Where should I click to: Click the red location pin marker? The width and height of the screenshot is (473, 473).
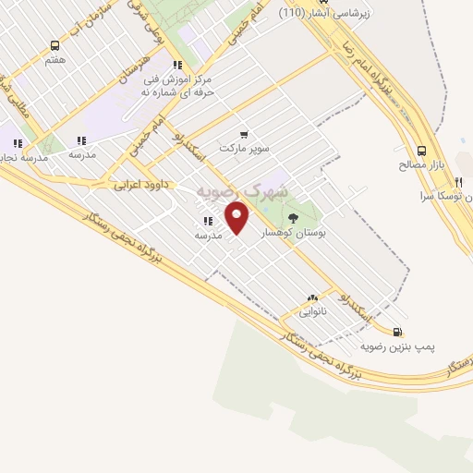tap(238, 218)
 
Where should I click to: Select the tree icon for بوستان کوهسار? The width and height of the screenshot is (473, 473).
tap(294, 219)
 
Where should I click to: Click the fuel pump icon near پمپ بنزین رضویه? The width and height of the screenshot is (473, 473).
tap(397, 332)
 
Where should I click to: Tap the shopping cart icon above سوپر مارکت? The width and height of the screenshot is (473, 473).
tap(243, 133)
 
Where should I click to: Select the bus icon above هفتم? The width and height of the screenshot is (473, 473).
tap(55, 44)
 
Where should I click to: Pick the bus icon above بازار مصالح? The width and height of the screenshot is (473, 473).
tap(422, 151)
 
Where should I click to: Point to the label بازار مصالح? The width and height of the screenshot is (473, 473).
tap(422, 165)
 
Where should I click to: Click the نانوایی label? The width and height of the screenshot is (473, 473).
tap(311, 312)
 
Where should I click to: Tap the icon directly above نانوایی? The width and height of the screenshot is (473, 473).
tap(311, 297)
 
